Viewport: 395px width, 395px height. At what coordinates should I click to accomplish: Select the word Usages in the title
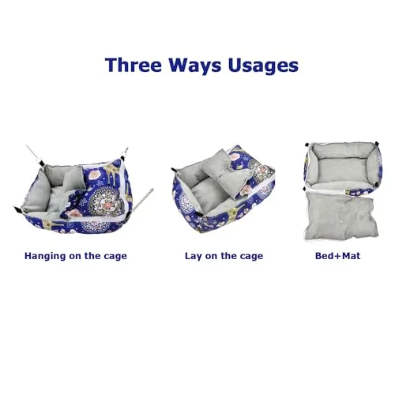click(x=261, y=65)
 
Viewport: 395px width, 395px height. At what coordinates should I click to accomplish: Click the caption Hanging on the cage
click(x=76, y=256)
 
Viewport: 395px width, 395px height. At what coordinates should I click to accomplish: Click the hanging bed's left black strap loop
click(x=20, y=209)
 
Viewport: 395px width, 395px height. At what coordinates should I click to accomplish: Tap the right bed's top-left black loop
click(x=309, y=145)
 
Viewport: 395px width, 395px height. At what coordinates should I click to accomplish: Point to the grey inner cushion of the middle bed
click(x=197, y=179)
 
